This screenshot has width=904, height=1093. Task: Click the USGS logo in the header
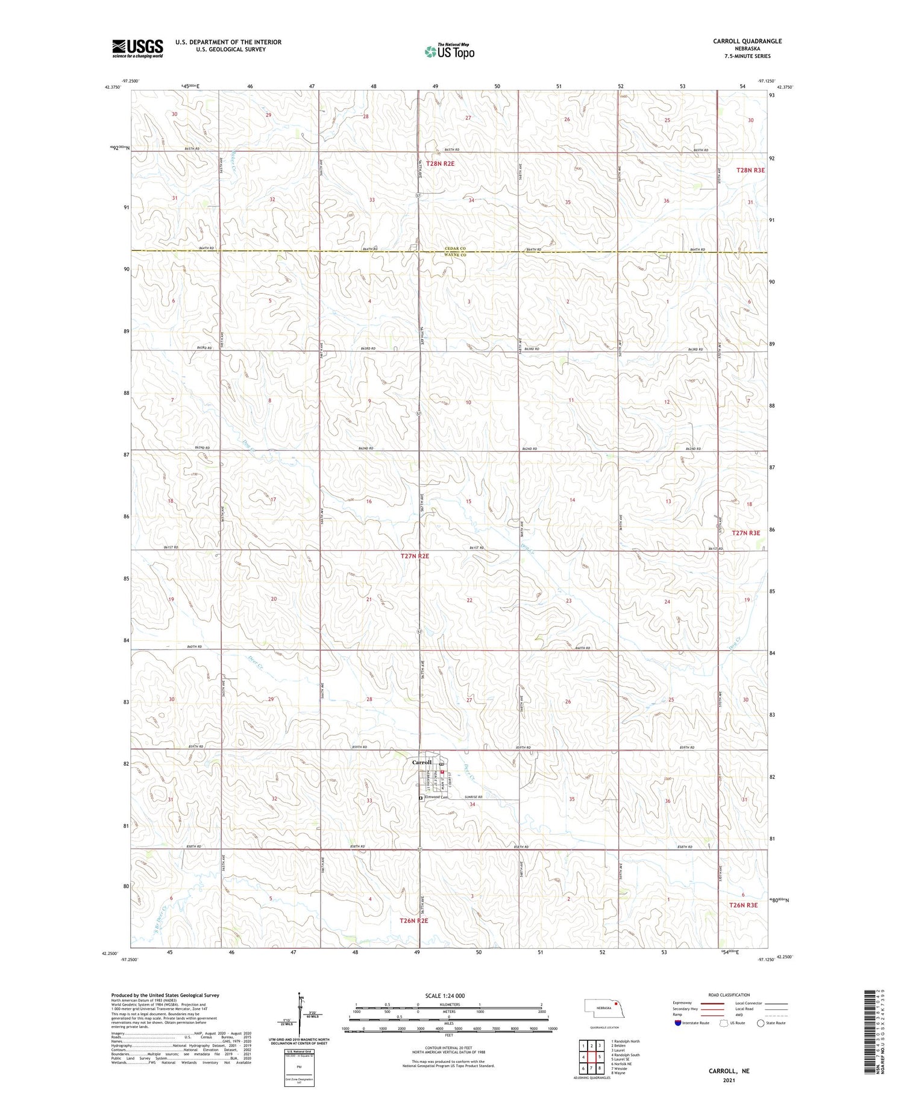(137, 48)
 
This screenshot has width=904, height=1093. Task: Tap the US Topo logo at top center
(450, 52)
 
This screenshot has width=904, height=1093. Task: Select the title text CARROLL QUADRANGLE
(747, 41)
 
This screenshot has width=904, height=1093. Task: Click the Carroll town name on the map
(422, 762)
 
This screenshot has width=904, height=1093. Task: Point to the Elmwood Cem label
(436, 797)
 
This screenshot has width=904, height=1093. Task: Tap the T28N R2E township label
(440, 163)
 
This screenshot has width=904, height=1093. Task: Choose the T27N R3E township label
(746, 532)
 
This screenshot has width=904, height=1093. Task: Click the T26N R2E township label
(414, 921)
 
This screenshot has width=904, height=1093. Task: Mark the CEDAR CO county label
(455, 248)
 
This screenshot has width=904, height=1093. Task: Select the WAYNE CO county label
(455, 255)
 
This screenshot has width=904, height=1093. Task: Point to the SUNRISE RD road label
(474, 797)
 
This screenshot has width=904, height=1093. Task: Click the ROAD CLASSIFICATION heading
(729, 995)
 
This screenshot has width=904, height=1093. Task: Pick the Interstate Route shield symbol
(678, 1023)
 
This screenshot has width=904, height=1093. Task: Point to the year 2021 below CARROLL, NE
(729, 1080)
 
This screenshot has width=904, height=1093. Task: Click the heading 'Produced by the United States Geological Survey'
(165, 995)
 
